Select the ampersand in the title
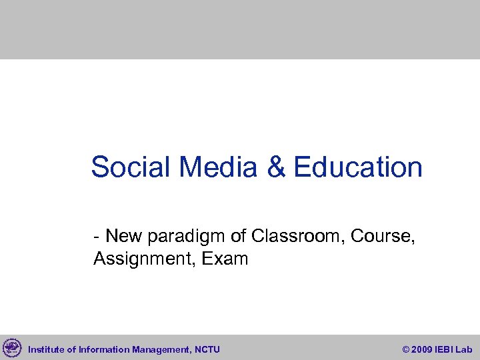[x=276, y=167]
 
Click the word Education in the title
[x=357, y=167]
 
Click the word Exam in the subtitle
[x=226, y=258]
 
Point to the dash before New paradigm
[x=97, y=237]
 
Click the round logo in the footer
[x=12, y=347]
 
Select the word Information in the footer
[x=103, y=349]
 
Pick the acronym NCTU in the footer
[x=207, y=349]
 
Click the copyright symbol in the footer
[x=406, y=349]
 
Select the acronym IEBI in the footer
[x=445, y=349]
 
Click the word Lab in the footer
[x=464, y=349]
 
